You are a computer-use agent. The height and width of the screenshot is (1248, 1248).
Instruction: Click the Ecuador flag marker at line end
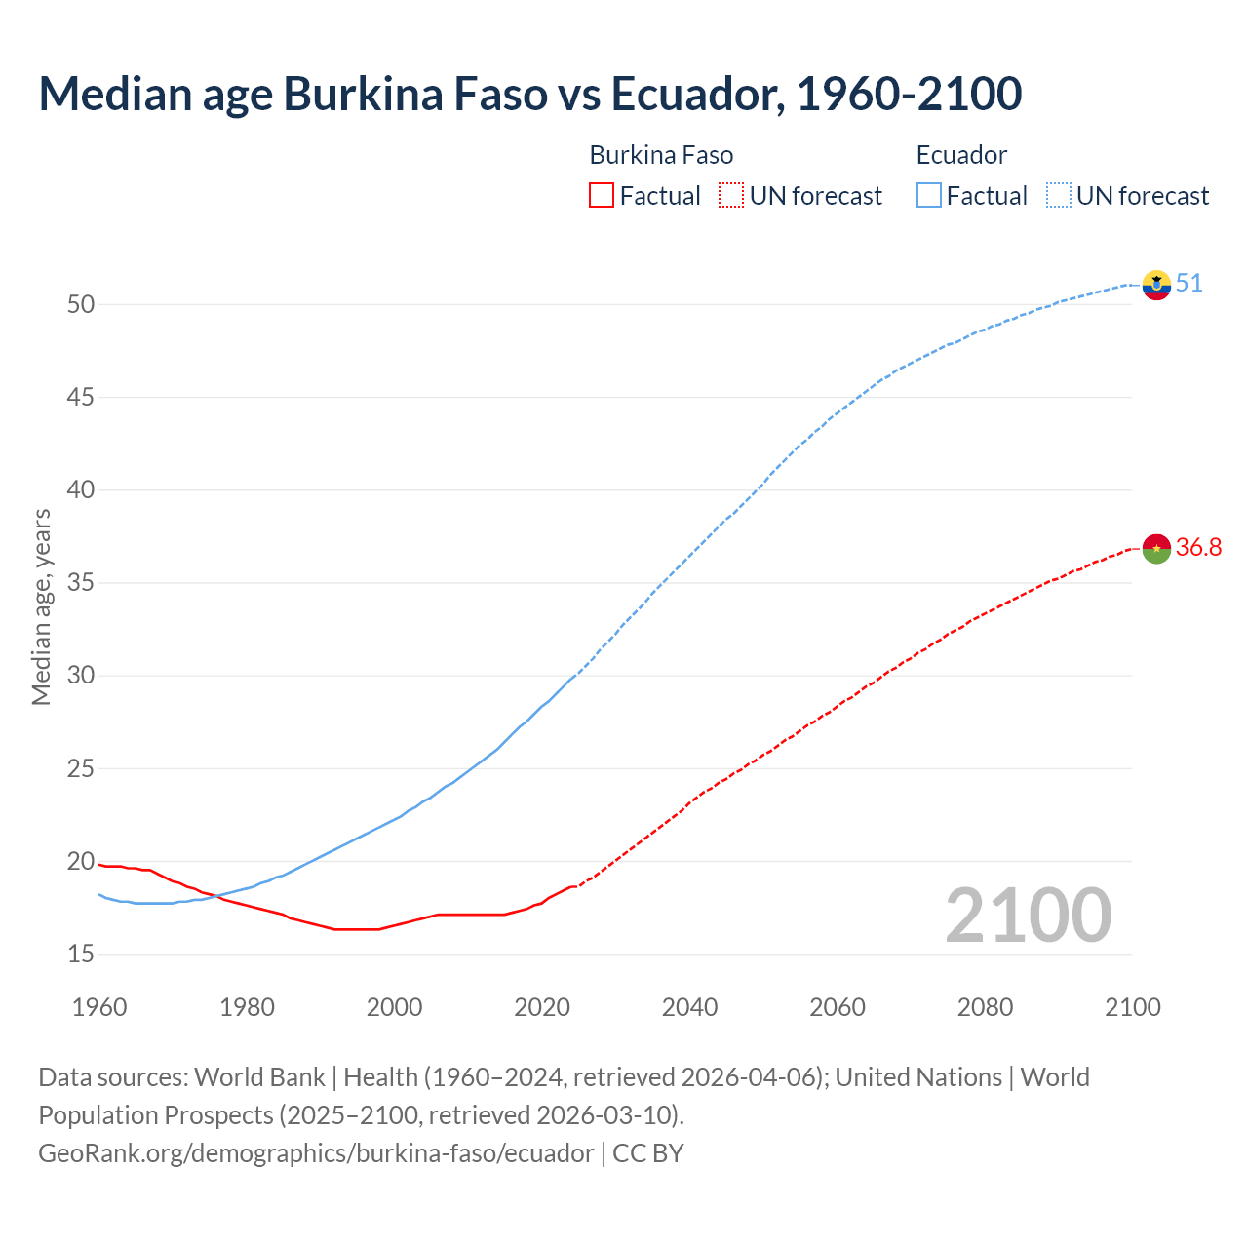(x=1156, y=285)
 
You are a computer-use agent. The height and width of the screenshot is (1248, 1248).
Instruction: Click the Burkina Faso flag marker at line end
(x=1156, y=549)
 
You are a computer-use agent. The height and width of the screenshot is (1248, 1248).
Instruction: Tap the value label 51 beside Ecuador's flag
(x=1189, y=284)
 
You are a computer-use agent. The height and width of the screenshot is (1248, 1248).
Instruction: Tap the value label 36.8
(x=1198, y=548)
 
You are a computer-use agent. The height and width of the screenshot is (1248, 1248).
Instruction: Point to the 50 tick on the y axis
(x=81, y=304)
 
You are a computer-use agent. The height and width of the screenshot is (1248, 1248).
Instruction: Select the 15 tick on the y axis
(x=81, y=954)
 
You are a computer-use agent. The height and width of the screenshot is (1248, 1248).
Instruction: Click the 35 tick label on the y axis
(x=81, y=583)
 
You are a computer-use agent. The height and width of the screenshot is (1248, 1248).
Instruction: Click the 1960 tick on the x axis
(x=99, y=1007)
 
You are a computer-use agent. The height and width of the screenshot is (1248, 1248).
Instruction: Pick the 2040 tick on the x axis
(x=689, y=1007)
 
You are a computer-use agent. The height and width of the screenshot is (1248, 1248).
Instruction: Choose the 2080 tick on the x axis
(x=985, y=1007)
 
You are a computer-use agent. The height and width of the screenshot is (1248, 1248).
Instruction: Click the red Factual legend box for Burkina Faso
(x=602, y=196)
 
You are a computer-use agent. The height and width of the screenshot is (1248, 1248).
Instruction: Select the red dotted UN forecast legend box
(x=731, y=196)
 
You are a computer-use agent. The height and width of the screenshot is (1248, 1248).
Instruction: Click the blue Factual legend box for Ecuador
(x=929, y=196)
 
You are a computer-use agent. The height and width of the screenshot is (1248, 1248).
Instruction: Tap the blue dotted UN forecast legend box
(x=1058, y=196)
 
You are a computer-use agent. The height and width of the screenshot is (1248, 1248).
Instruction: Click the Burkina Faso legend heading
(x=661, y=155)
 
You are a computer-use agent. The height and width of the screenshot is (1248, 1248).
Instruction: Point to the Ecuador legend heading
(x=961, y=155)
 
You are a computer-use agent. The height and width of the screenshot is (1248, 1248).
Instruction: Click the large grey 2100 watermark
(x=1028, y=915)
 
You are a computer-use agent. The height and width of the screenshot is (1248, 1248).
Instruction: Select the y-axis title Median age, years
(x=41, y=606)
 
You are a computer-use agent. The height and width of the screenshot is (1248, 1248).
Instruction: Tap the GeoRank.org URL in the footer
(x=316, y=1153)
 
